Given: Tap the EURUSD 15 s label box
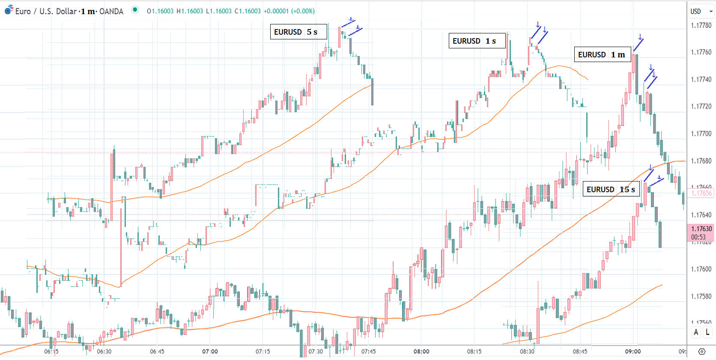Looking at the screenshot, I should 611,189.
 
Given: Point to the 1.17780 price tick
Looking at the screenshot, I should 701,25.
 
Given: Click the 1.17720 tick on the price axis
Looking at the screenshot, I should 701,107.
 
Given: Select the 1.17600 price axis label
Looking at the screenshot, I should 701,269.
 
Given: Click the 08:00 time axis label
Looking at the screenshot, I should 421,351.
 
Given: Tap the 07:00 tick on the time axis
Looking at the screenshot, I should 210,351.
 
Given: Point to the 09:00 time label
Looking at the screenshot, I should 632,351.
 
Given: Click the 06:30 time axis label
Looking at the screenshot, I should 104,351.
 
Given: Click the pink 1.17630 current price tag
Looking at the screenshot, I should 701,232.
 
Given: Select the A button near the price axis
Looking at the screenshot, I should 696,332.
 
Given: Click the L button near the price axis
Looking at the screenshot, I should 707,332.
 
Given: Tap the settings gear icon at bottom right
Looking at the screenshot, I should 701,351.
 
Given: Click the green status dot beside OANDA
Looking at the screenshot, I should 135,9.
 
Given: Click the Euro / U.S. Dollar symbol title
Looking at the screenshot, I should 46,11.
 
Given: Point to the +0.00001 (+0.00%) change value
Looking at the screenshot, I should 289,11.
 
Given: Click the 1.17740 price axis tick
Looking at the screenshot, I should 701,79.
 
